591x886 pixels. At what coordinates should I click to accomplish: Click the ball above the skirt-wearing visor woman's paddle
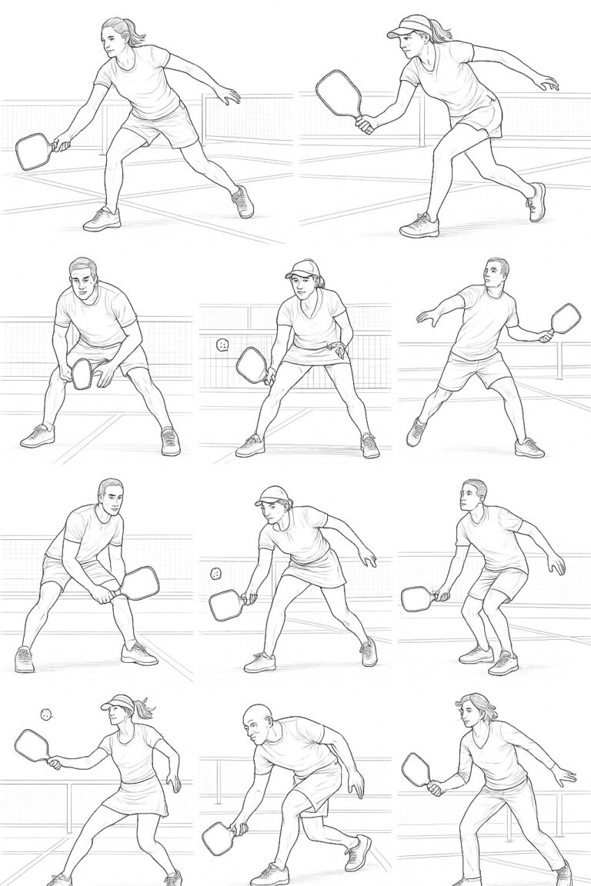click(x=46, y=714)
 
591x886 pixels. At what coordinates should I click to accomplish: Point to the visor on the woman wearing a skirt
click(x=118, y=702)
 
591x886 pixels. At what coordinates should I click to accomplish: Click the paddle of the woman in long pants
click(x=416, y=767)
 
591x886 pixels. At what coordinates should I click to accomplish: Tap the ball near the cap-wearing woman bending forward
click(x=216, y=574)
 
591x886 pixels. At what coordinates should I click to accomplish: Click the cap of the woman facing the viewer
click(x=300, y=269)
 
